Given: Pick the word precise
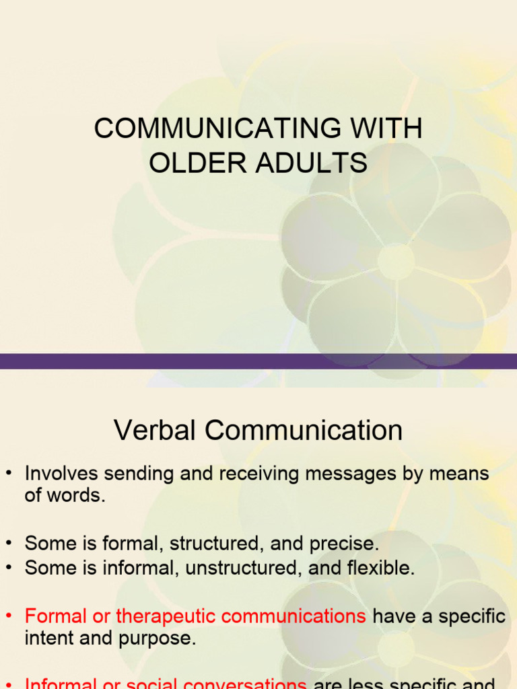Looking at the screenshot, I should pos(344,543).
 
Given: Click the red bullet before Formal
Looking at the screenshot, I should pos(9,617).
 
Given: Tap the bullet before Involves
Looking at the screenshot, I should pos(9,474).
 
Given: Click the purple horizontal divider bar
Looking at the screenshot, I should pos(258,361).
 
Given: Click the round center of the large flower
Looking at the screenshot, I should pos(396,260).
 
